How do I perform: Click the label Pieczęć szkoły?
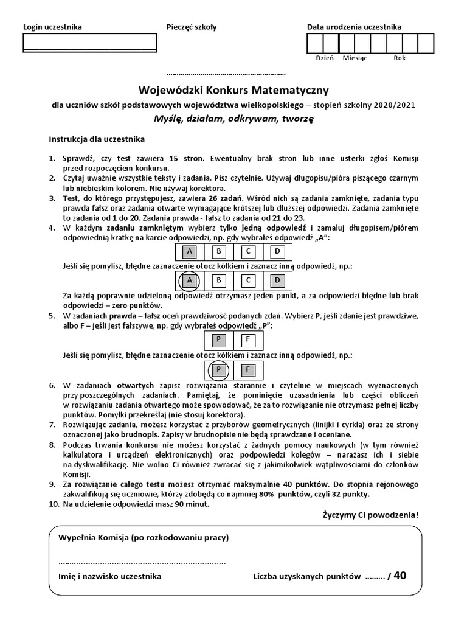point(192,27)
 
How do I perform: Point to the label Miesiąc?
point(355,58)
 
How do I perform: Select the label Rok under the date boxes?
point(400,58)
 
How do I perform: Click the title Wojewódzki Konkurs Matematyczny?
point(233,90)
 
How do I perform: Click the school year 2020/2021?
point(395,105)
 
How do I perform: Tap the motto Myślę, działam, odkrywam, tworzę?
point(233,119)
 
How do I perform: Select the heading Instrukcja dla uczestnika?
point(97,139)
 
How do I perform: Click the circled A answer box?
point(190,280)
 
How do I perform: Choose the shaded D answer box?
point(277,280)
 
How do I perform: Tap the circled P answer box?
point(219,369)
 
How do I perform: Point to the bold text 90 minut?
point(190,504)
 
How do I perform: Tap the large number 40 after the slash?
point(400,576)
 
